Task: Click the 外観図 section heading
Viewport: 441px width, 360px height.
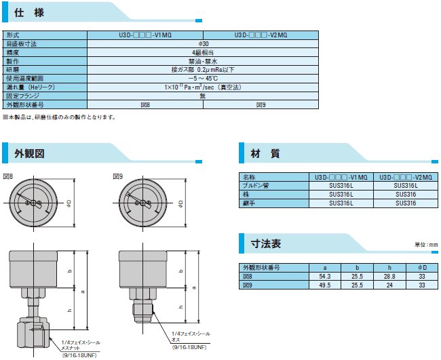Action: [x=30, y=153]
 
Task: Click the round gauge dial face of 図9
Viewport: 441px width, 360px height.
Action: [x=144, y=201]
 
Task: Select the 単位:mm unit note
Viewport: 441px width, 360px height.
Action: [x=426, y=244]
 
